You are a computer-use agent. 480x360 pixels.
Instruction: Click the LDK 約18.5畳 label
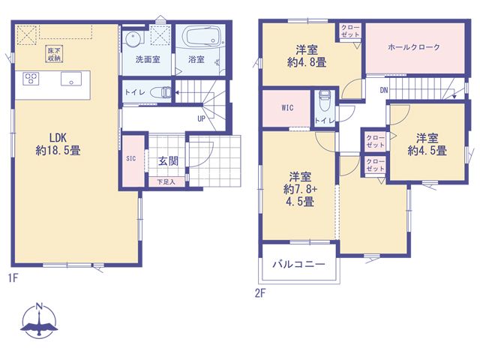[58, 144]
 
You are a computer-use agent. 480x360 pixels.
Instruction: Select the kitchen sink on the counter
[71, 79]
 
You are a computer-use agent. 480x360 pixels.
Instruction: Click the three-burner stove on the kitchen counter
[31, 78]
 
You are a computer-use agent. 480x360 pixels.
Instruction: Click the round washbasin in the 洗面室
[133, 39]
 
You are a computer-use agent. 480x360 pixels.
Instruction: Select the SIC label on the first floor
[131, 158]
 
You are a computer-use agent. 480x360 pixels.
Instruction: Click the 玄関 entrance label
[168, 161]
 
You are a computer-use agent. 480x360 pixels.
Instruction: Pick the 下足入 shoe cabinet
[166, 181]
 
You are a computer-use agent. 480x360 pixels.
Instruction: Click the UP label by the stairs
[201, 118]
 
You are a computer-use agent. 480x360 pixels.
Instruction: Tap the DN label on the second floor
[384, 90]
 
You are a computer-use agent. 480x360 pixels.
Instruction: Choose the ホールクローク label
[414, 47]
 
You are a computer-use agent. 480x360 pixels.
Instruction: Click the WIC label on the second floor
[287, 108]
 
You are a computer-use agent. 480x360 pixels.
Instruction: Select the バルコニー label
[298, 264]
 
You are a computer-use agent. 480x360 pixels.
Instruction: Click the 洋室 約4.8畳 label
[307, 56]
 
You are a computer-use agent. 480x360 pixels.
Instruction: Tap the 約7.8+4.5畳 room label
[300, 190]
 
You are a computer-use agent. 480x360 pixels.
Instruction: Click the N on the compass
[39, 306]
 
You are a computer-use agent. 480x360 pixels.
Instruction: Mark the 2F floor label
[260, 293]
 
